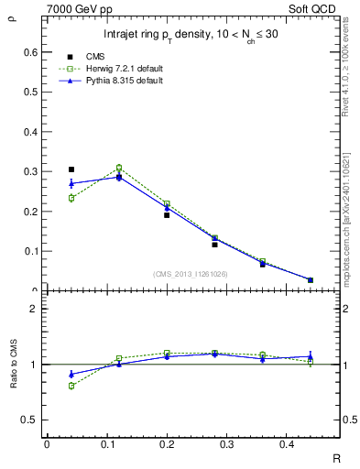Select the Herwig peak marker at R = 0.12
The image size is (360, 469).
119,168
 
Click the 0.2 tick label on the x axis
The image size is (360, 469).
166,444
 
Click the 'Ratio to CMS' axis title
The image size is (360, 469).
14,365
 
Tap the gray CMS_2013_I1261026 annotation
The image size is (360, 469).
191,274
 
